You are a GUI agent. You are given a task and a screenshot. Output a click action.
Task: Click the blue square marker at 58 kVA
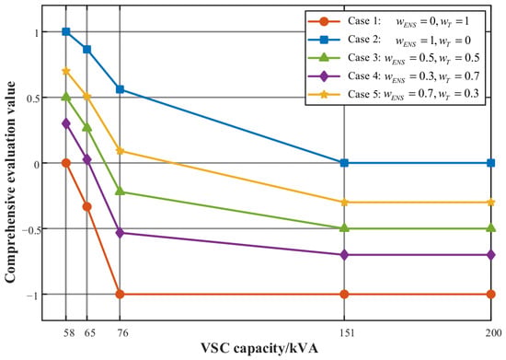tap(66, 31)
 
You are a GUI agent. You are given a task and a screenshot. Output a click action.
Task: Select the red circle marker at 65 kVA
tap(87, 206)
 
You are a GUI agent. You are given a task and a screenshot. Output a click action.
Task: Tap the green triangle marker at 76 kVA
tap(120, 192)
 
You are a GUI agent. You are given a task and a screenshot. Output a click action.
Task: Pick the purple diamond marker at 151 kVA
tap(344, 255)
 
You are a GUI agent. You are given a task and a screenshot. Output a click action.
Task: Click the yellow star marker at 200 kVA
tap(491, 203)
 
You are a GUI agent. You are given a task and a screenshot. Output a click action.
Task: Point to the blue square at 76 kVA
tap(120, 89)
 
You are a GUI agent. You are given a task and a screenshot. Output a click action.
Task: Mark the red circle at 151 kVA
tap(344, 294)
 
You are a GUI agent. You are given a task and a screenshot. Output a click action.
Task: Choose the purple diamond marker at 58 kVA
tap(66, 123)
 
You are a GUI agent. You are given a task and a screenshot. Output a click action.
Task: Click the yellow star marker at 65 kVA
tap(87, 97)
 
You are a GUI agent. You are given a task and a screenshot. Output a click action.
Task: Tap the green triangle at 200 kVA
tap(491, 228)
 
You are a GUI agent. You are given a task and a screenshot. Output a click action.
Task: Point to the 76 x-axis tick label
tap(122, 332)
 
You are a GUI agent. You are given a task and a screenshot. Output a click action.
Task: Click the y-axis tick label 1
tap(37, 32)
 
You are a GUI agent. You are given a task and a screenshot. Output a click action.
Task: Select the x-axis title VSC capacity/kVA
tap(259, 349)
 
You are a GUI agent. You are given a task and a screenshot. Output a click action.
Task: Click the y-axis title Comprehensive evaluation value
tap(10, 181)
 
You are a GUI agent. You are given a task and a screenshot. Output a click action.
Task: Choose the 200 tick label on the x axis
tap(494, 332)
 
